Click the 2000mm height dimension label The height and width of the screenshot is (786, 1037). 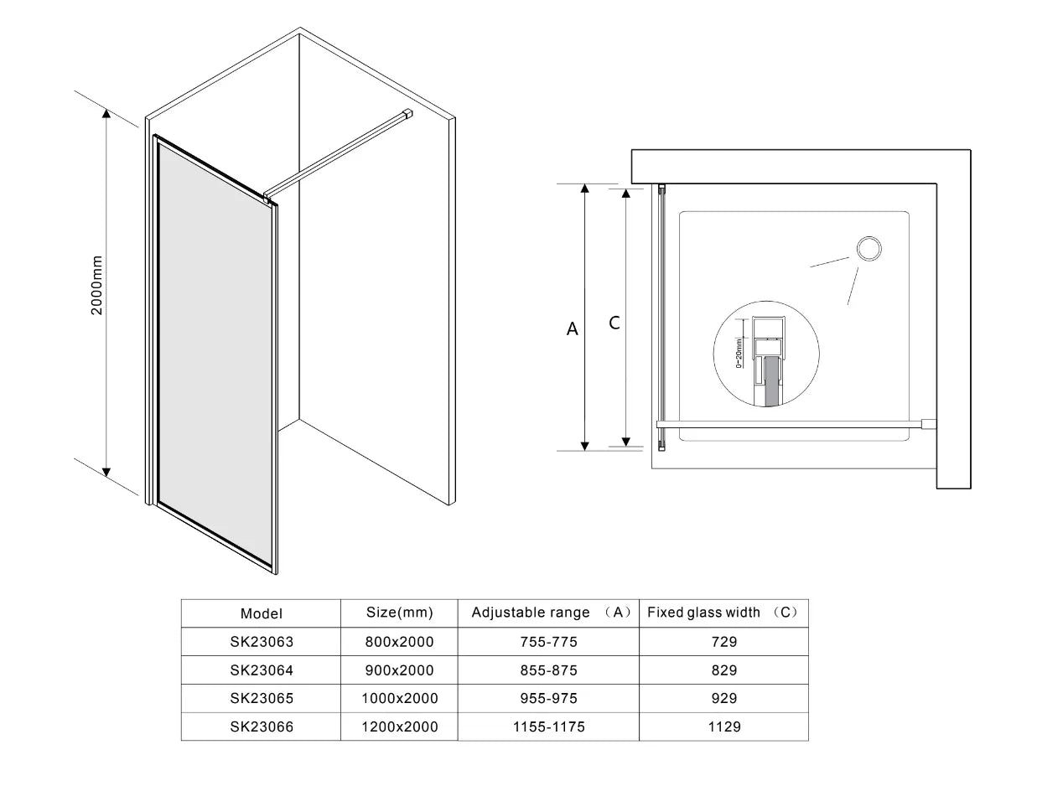[x=96, y=285]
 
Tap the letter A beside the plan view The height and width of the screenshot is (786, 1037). [x=572, y=328]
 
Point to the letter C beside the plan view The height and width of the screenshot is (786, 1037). [x=614, y=323]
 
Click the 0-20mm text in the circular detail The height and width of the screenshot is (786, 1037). [x=739, y=353]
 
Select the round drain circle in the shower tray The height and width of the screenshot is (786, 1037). [x=868, y=248]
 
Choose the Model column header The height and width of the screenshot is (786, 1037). [x=262, y=613]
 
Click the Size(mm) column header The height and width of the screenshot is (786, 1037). [x=400, y=613]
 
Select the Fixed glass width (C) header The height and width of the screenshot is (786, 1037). [x=723, y=613]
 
